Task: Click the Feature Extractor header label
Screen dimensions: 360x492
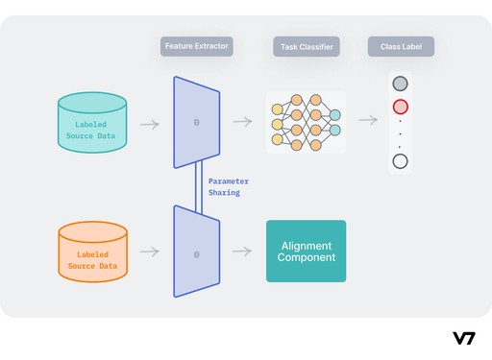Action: coord(196,46)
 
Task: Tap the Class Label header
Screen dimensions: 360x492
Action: coord(401,46)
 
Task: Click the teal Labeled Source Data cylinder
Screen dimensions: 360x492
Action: coord(92,121)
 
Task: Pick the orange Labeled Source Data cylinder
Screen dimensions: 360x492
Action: coord(92,251)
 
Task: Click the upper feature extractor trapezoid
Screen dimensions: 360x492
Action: coord(197,121)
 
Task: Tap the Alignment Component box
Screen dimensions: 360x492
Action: coord(306,251)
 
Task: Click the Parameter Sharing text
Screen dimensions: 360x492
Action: coord(229,186)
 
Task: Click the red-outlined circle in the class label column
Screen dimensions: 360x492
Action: coord(401,107)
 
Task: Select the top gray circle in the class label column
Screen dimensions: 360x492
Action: coord(401,84)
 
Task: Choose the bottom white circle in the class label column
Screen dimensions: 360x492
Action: coord(401,160)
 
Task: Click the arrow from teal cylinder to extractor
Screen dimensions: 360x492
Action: coord(149,123)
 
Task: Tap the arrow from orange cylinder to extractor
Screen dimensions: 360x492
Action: coord(149,252)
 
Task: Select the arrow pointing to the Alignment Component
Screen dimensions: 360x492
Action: coord(242,252)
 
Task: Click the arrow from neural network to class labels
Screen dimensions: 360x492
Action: coord(367,121)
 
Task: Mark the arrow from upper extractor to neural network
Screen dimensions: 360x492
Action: coord(242,121)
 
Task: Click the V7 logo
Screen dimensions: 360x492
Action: coord(465,337)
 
